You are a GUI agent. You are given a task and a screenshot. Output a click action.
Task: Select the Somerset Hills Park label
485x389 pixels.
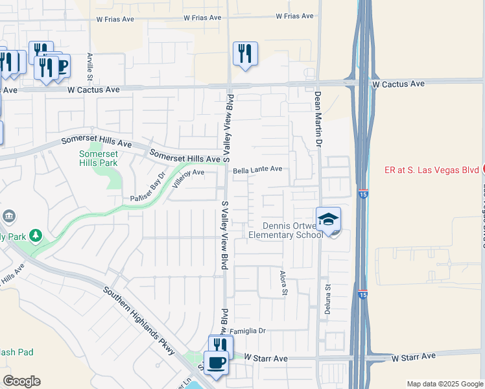pos(99,158)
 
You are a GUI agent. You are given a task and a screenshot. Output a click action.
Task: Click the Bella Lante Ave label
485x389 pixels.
pos(257,169)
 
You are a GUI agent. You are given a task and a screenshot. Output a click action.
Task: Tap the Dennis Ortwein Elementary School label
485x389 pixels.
pos(286,230)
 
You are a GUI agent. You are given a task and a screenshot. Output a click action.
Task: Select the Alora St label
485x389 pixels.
pos(283,283)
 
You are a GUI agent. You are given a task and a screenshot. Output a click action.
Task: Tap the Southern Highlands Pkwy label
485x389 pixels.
pos(139,319)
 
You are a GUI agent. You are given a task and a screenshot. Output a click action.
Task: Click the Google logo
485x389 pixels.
pos(21,381)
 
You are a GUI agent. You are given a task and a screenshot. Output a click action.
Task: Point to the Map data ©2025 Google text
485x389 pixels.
pos(444,384)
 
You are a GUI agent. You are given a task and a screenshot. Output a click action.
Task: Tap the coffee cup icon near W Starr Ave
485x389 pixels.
pos(216,362)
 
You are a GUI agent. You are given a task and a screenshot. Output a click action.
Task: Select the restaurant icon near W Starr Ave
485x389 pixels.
pos(220,346)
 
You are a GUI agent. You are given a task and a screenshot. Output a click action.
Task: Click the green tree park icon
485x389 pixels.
pos(36,235)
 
